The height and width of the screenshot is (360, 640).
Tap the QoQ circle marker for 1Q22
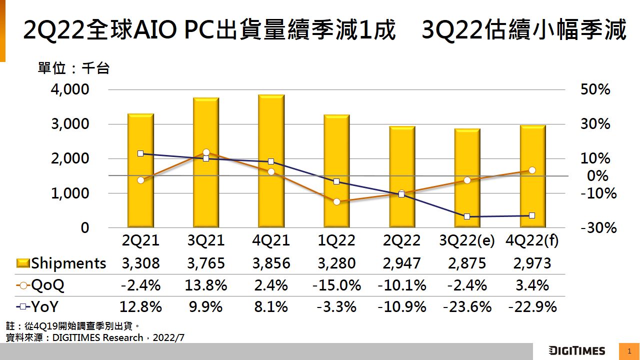(336, 201)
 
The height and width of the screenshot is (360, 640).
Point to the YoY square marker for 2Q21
(140, 153)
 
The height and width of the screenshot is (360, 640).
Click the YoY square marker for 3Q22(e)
(467, 216)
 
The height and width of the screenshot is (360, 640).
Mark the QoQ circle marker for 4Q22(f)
(532, 170)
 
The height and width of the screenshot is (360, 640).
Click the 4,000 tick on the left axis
(69, 89)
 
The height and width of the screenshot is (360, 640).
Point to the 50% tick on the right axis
(595, 89)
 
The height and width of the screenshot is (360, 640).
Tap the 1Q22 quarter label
(336, 240)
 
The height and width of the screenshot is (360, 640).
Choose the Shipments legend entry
(61, 263)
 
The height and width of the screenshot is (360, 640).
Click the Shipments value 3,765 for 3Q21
(206, 263)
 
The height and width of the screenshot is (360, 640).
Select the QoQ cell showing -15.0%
(336, 285)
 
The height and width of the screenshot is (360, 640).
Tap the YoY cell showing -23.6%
(467, 306)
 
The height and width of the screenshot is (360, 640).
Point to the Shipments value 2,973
(532, 263)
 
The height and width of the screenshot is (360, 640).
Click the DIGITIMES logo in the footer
(576, 351)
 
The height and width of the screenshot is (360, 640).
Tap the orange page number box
(629, 351)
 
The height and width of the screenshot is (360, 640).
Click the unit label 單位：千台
(73, 68)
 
